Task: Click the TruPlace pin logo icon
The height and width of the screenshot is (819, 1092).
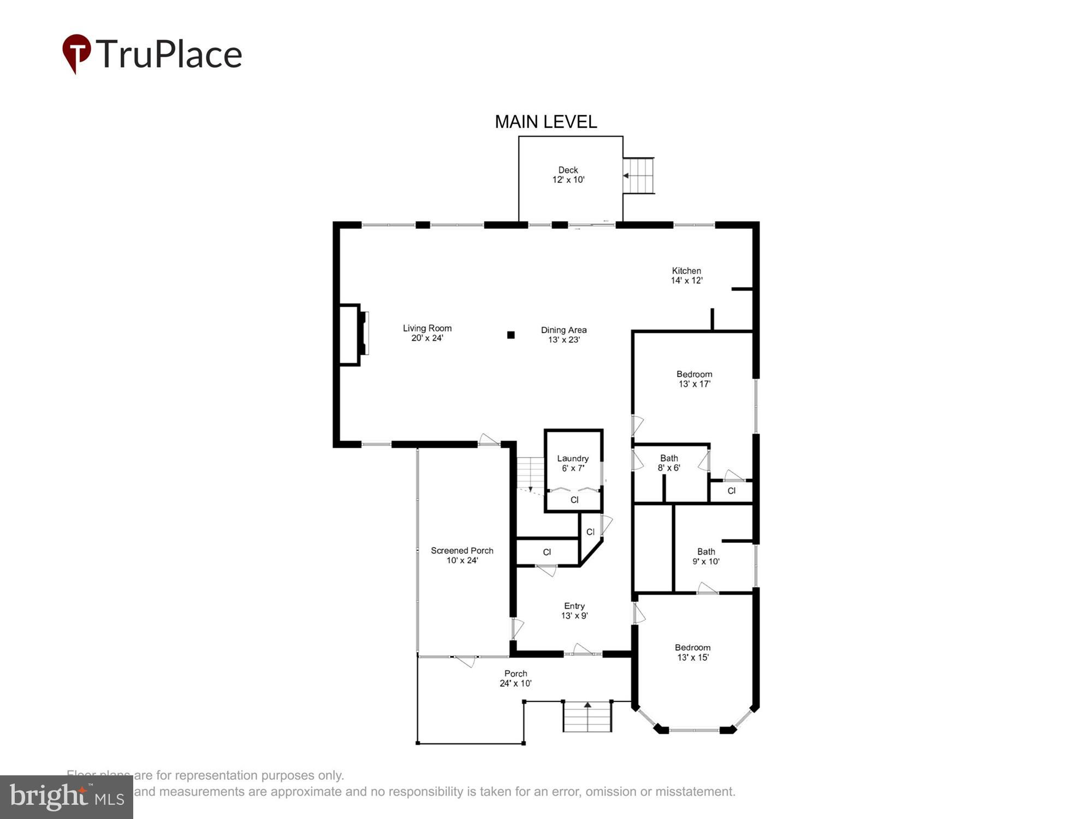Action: pyautogui.click(x=76, y=53)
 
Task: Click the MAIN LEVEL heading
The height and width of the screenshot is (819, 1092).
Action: pyautogui.click(x=545, y=122)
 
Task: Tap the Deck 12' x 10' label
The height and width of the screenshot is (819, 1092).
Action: pyautogui.click(x=568, y=175)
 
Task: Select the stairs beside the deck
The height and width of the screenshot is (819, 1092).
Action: pyautogui.click(x=638, y=175)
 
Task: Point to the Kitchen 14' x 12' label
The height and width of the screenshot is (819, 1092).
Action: pyautogui.click(x=686, y=276)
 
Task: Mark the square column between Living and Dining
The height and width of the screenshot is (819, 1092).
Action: pyautogui.click(x=511, y=335)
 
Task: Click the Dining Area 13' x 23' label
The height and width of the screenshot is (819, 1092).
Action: pyautogui.click(x=563, y=335)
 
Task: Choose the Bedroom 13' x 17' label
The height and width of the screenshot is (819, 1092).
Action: pyautogui.click(x=694, y=379)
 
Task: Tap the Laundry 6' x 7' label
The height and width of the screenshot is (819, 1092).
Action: pyautogui.click(x=573, y=463)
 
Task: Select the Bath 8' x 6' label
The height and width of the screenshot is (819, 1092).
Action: pyautogui.click(x=669, y=463)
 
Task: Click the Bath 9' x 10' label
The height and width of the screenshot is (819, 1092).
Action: pyautogui.click(x=706, y=556)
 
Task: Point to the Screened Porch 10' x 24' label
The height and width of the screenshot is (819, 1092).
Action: pyautogui.click(x=462, y=555)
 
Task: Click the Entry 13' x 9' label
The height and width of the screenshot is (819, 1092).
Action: pyautogui.click(x=574, y=610)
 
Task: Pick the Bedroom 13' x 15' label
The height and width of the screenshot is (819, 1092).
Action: pyautogui.click(x=692, y=652)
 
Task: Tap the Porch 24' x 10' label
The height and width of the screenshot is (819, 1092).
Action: pyautogui.click(x=515, y=678)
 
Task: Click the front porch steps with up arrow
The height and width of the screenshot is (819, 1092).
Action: pyautogui.click(x=587, y=716)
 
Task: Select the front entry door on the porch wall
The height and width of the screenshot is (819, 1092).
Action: pyautogui.click(x=583, y=651)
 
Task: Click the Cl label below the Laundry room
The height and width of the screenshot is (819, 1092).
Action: pyautogui.click(x=574, y=500)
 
